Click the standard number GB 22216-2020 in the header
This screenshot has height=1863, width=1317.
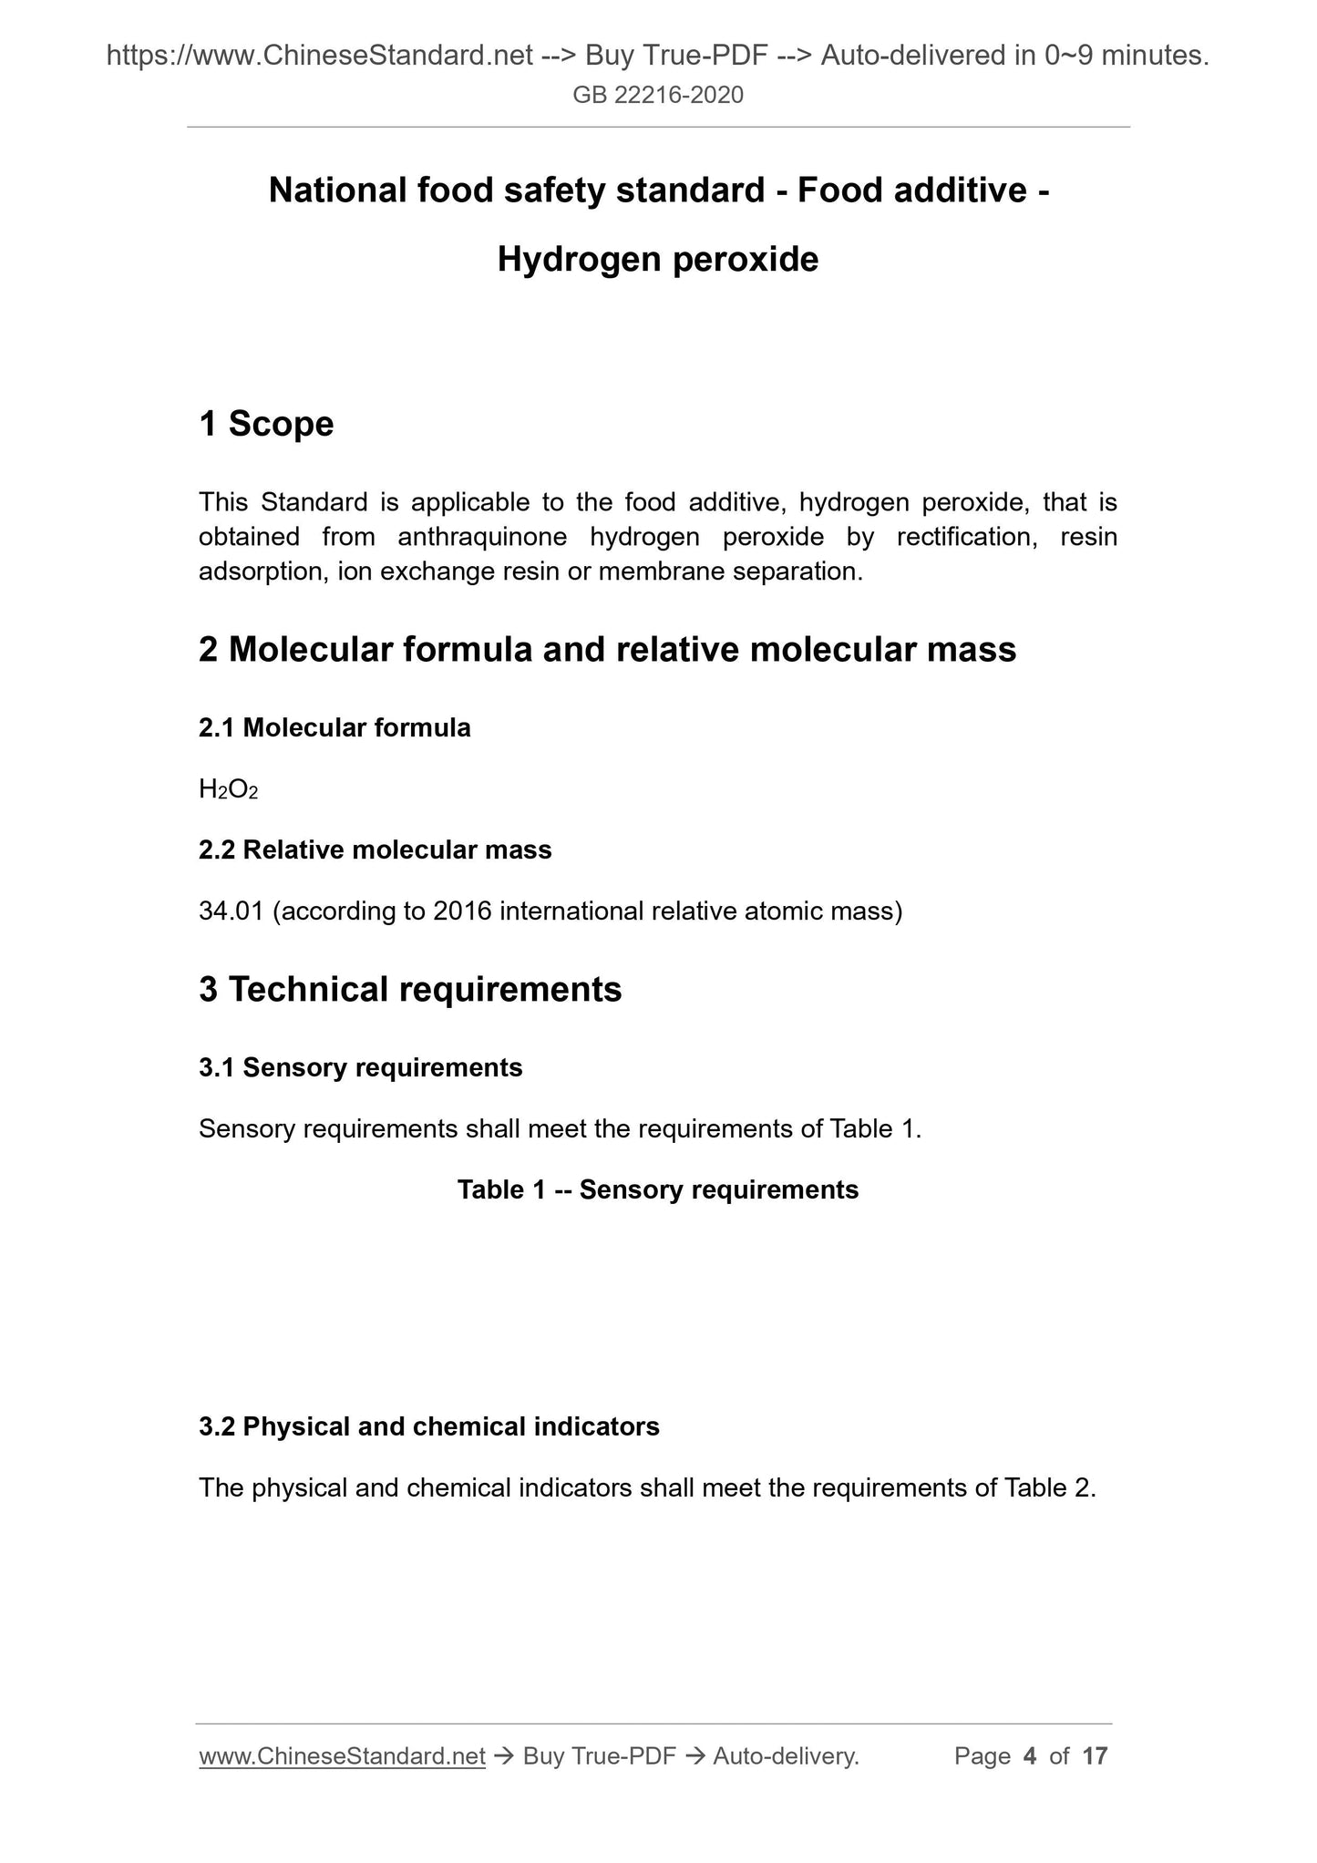pos(658,95)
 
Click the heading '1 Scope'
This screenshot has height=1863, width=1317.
pos(266,424)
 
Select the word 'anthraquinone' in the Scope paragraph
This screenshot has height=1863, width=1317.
pos(482,537)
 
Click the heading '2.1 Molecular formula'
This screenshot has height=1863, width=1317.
pos(334,727)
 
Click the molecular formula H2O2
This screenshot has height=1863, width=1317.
pos(228,789)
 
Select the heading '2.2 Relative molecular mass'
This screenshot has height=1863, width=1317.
pos(375,849)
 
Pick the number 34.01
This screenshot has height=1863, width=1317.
pos(231,911)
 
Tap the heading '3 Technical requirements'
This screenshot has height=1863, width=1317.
pos(410,989)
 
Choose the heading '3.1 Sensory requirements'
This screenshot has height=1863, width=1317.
pos(360,1067)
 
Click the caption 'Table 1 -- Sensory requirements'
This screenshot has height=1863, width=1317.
pos(658,1189)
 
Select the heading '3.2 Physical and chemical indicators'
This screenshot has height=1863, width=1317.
pos(428,1426)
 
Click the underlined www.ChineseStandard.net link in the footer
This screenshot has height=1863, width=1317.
pos(342,1755)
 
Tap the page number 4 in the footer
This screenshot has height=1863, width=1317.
pos(1030,1755)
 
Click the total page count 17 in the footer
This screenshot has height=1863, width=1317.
pos(1094,1755)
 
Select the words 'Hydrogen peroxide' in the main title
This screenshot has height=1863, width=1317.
pos(658,260)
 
